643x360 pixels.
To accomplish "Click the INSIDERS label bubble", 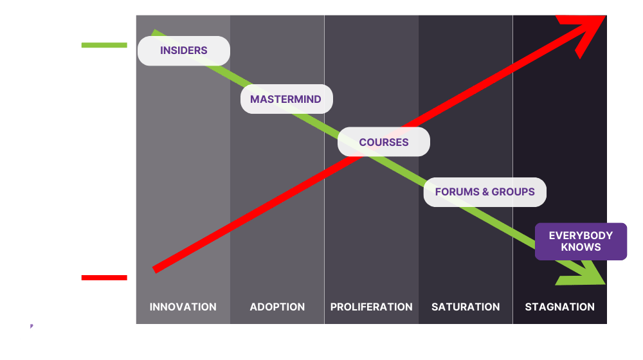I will pyautogui.click(x=184, y=51).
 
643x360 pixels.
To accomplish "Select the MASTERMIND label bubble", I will pyautogui.click(x=286, y=100).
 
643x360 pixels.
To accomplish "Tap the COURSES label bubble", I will pyautogui.click(x=384, y=142).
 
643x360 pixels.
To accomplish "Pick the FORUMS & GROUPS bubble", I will pyautogui.click(x=485, y=192).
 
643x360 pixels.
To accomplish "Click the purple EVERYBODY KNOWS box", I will pyautogui.click(x=581, y=241).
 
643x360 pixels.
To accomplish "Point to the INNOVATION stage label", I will pyautogui.click(x=183, y=307).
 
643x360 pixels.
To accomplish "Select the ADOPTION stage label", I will pyautogui.click(x=277, y=307).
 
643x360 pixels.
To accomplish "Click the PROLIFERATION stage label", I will pyautogui.click(x=372, y=307).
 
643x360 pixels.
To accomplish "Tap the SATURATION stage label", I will pyautogui.click(x=466, y=307).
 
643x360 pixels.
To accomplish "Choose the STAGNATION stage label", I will pyautogui.click(x=560, y=307).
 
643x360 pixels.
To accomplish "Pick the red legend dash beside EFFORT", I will pyautogui.click(x=104, y=278).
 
